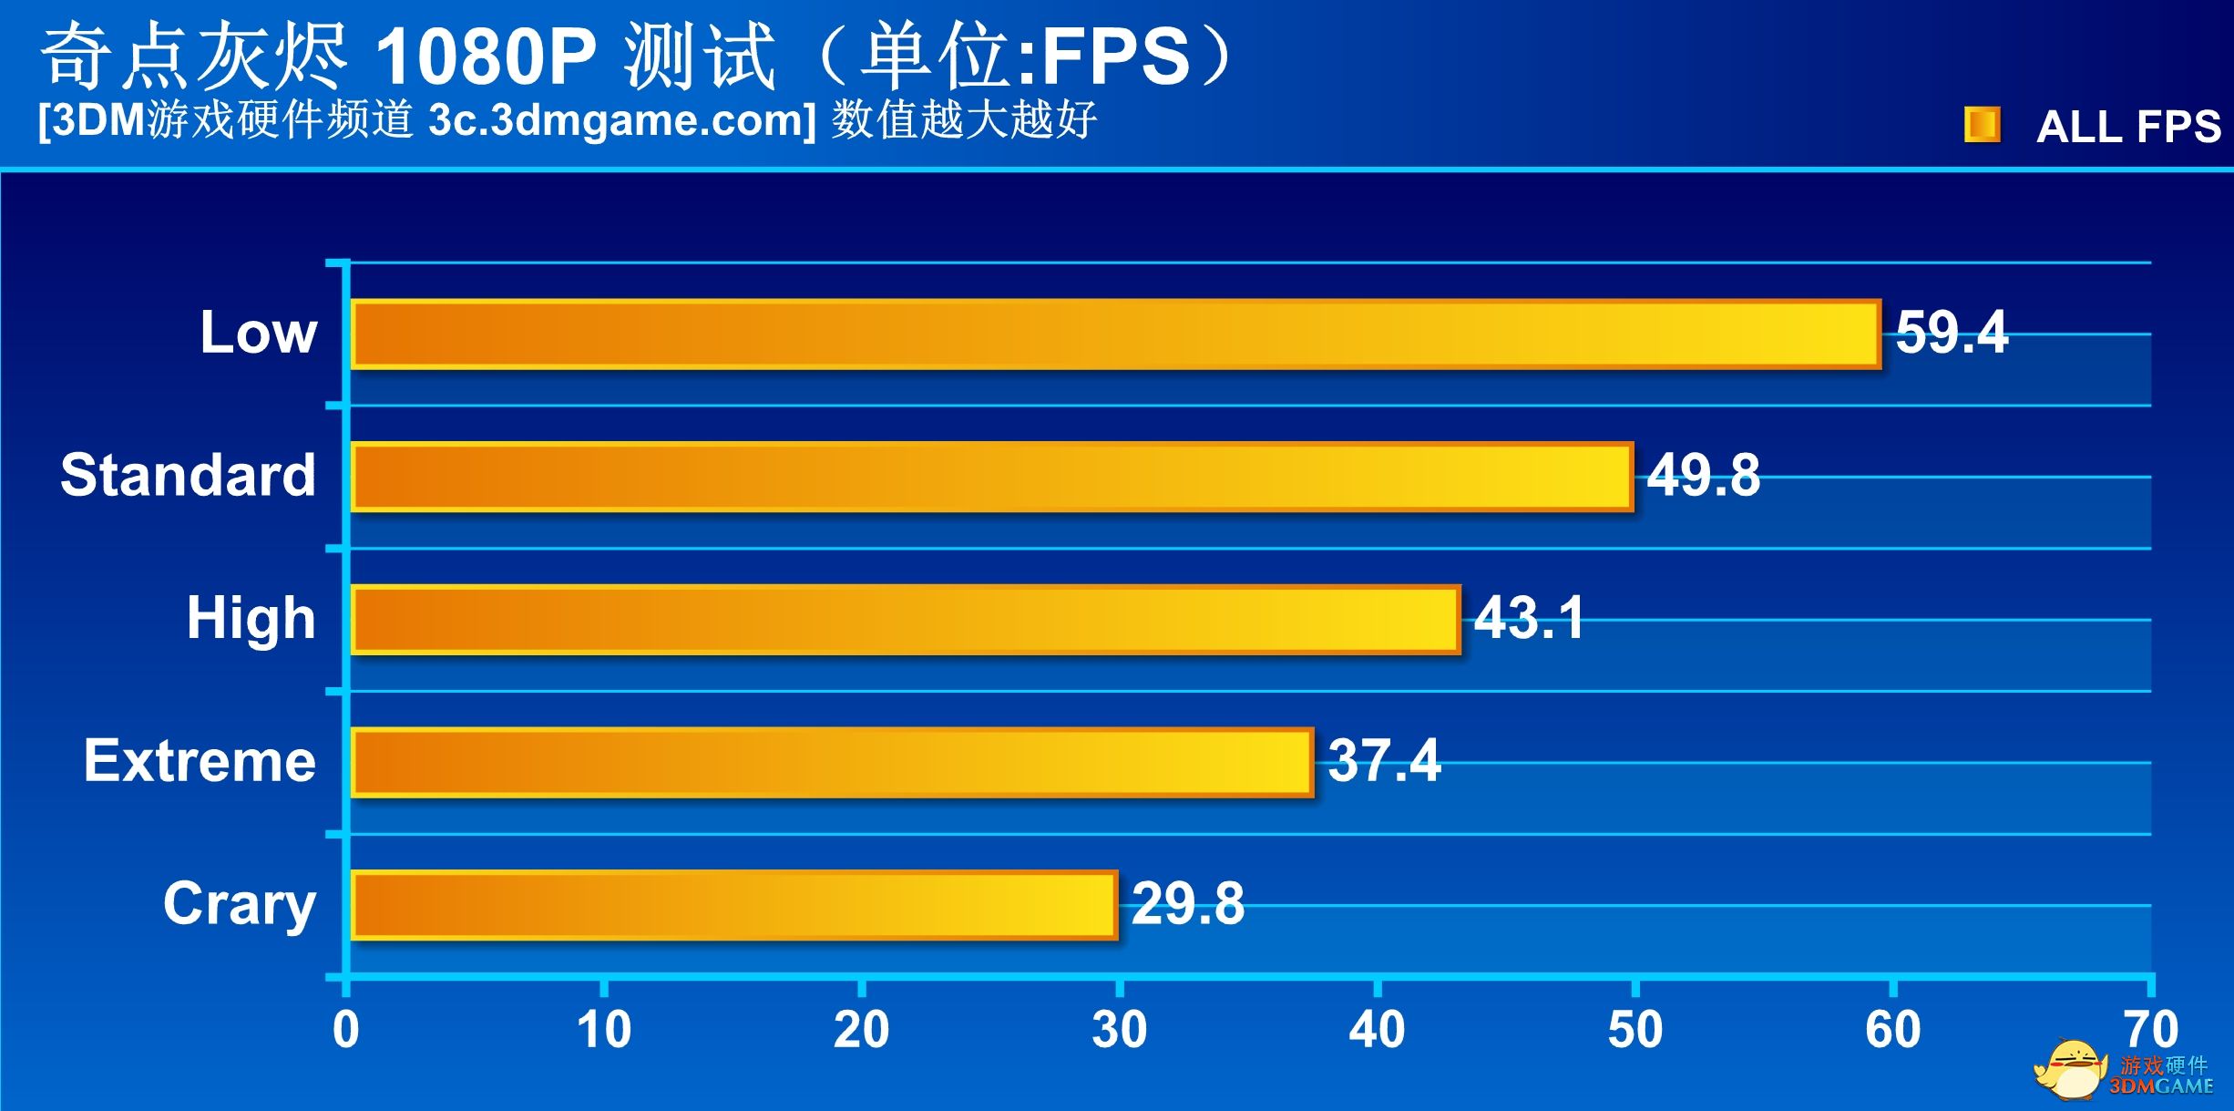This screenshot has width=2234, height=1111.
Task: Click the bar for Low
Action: click(x=1115, y=334)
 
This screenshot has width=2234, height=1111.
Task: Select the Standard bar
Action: click(x=991, y=477)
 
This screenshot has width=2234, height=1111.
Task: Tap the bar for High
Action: click(x=906, y=620)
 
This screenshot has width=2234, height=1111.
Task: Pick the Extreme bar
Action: click(x=832, y=763)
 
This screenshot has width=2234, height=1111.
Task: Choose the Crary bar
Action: click(x=733, y=905)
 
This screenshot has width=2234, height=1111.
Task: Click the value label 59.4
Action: click(x=1951, y=333)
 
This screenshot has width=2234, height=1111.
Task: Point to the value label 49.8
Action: click(x=1703, y=476)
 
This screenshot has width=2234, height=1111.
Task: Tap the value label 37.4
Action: click(x=1384, y=761)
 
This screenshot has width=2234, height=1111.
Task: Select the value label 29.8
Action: click(x=1187, y=904)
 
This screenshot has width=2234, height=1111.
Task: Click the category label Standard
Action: click(x=188, y=476)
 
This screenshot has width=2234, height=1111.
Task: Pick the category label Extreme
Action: click(x=200, y=761)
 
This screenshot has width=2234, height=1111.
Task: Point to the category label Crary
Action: click(x=240, y=904)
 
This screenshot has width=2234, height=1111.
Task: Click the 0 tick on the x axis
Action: click(x=346, y=1030)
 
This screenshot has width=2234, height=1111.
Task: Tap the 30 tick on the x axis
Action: click(x=1119, y=1030)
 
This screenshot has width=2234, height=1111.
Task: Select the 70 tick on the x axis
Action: click(x=2150, y=1030)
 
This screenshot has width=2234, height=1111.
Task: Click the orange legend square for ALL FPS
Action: click(x=1982, y=125)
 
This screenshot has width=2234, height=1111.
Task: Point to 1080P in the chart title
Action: click(x=485, y=57)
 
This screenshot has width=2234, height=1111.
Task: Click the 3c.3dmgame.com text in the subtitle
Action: click(x=621, y=120)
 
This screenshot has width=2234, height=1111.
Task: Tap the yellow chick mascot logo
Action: click(x=2068, y=1068)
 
